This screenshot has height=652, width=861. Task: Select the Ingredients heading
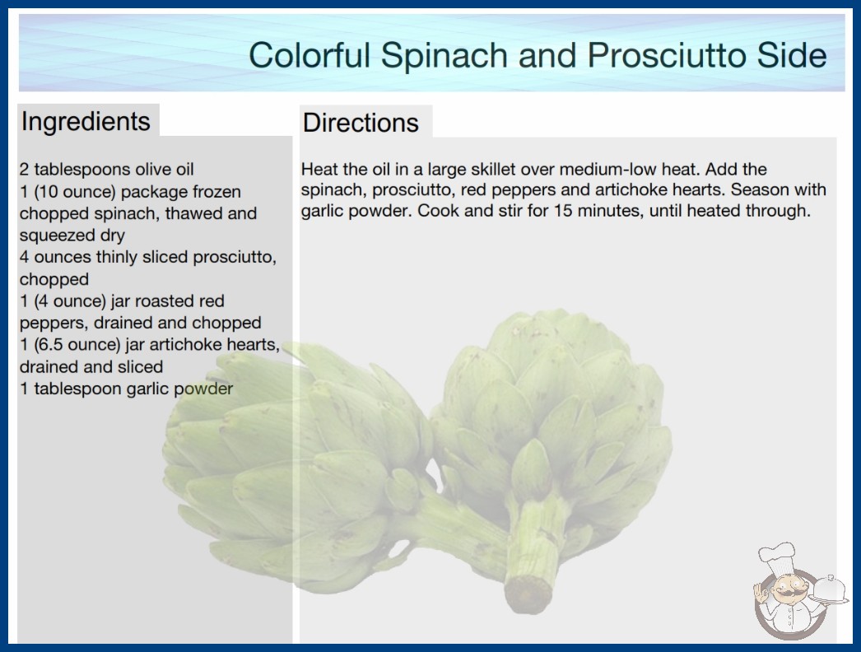pyautogui.click(x=86, y=122)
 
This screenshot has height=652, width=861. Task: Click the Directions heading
pyautogui.click(x=361, y=123)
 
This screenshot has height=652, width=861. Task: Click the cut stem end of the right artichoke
pyautogui.click(x=528, y=594)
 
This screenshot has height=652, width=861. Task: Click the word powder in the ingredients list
pyautogui.click(x=203, y=389)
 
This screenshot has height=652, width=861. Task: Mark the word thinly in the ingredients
pyautogui.click(x=119, y=258)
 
